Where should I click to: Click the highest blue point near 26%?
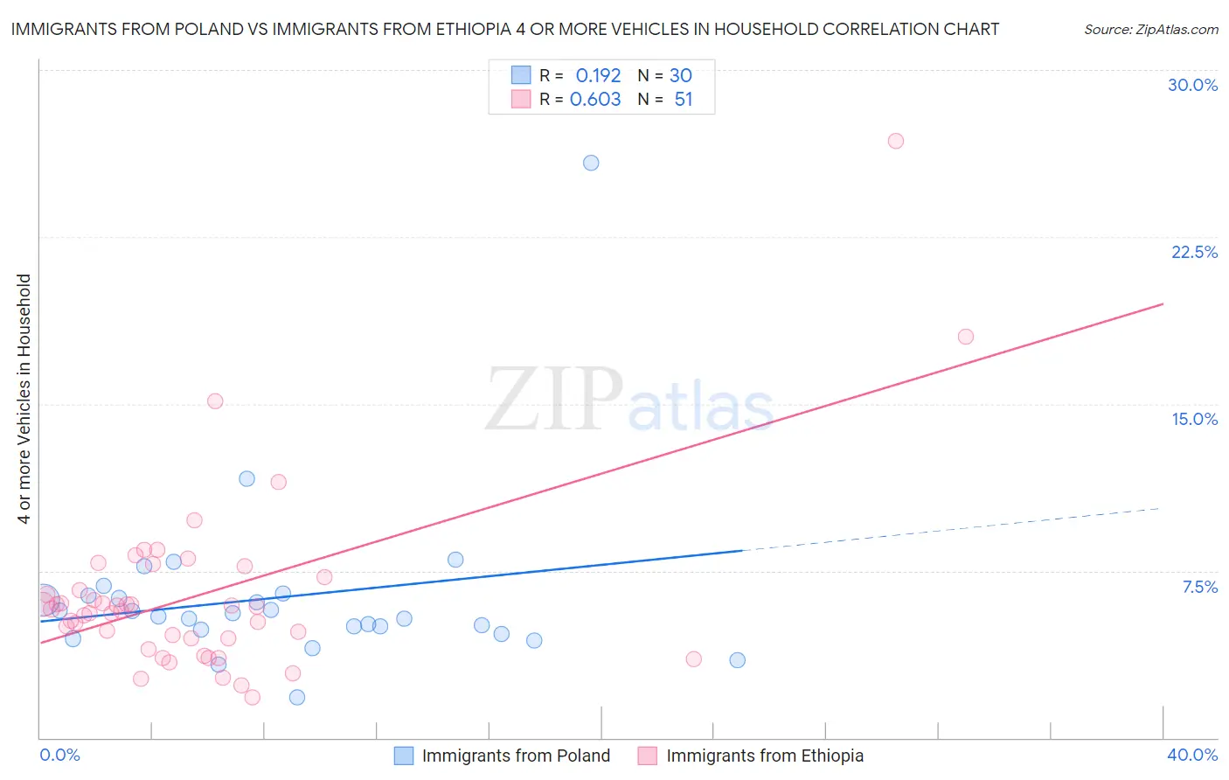point(591,163)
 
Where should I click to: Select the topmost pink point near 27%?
point(895,141)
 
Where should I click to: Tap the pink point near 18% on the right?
point(965,337)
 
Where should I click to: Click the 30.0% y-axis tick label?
point(1192,85)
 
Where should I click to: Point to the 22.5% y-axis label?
point(1194,252)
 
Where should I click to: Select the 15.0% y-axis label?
point(1194,419)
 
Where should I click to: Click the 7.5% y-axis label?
point(1199,587)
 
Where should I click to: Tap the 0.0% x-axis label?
point(59,755)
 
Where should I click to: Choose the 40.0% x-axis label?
point(1191,755)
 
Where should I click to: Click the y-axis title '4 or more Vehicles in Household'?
point(24,399)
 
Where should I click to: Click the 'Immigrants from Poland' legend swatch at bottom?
point(403,756)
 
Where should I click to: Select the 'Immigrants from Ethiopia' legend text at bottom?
point(764,756)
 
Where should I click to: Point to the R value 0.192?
point(598,75)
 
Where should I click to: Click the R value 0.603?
point(595,99)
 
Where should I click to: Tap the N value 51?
point(683,99)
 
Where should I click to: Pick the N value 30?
point(680,75)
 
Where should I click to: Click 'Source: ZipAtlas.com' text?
point(1150,29)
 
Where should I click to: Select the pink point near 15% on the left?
point(215,401)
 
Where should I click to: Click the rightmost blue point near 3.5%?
point(737,660)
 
